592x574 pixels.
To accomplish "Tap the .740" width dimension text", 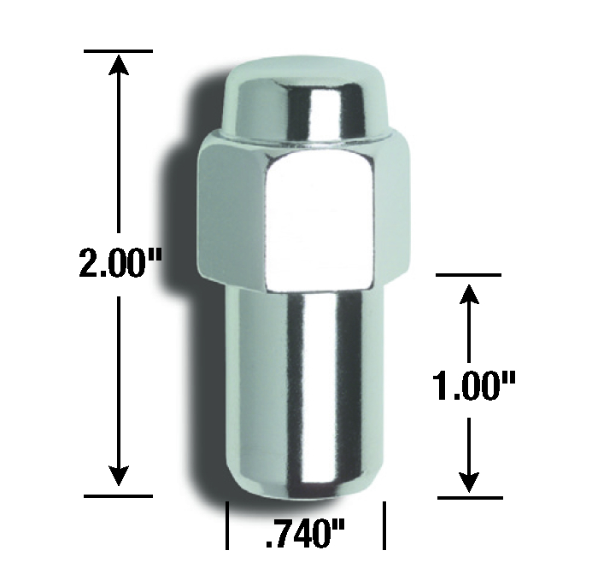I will [307, 536].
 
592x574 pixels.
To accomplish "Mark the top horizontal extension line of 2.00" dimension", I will [119, 51].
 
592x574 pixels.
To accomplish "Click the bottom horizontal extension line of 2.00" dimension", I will [119, 495].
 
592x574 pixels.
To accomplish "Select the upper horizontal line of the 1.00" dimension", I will [468, 275].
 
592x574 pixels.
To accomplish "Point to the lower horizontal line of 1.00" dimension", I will [468, 497].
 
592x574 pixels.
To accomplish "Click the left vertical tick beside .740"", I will [226, 525].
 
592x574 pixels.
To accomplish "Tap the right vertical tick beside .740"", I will [386, 525].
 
